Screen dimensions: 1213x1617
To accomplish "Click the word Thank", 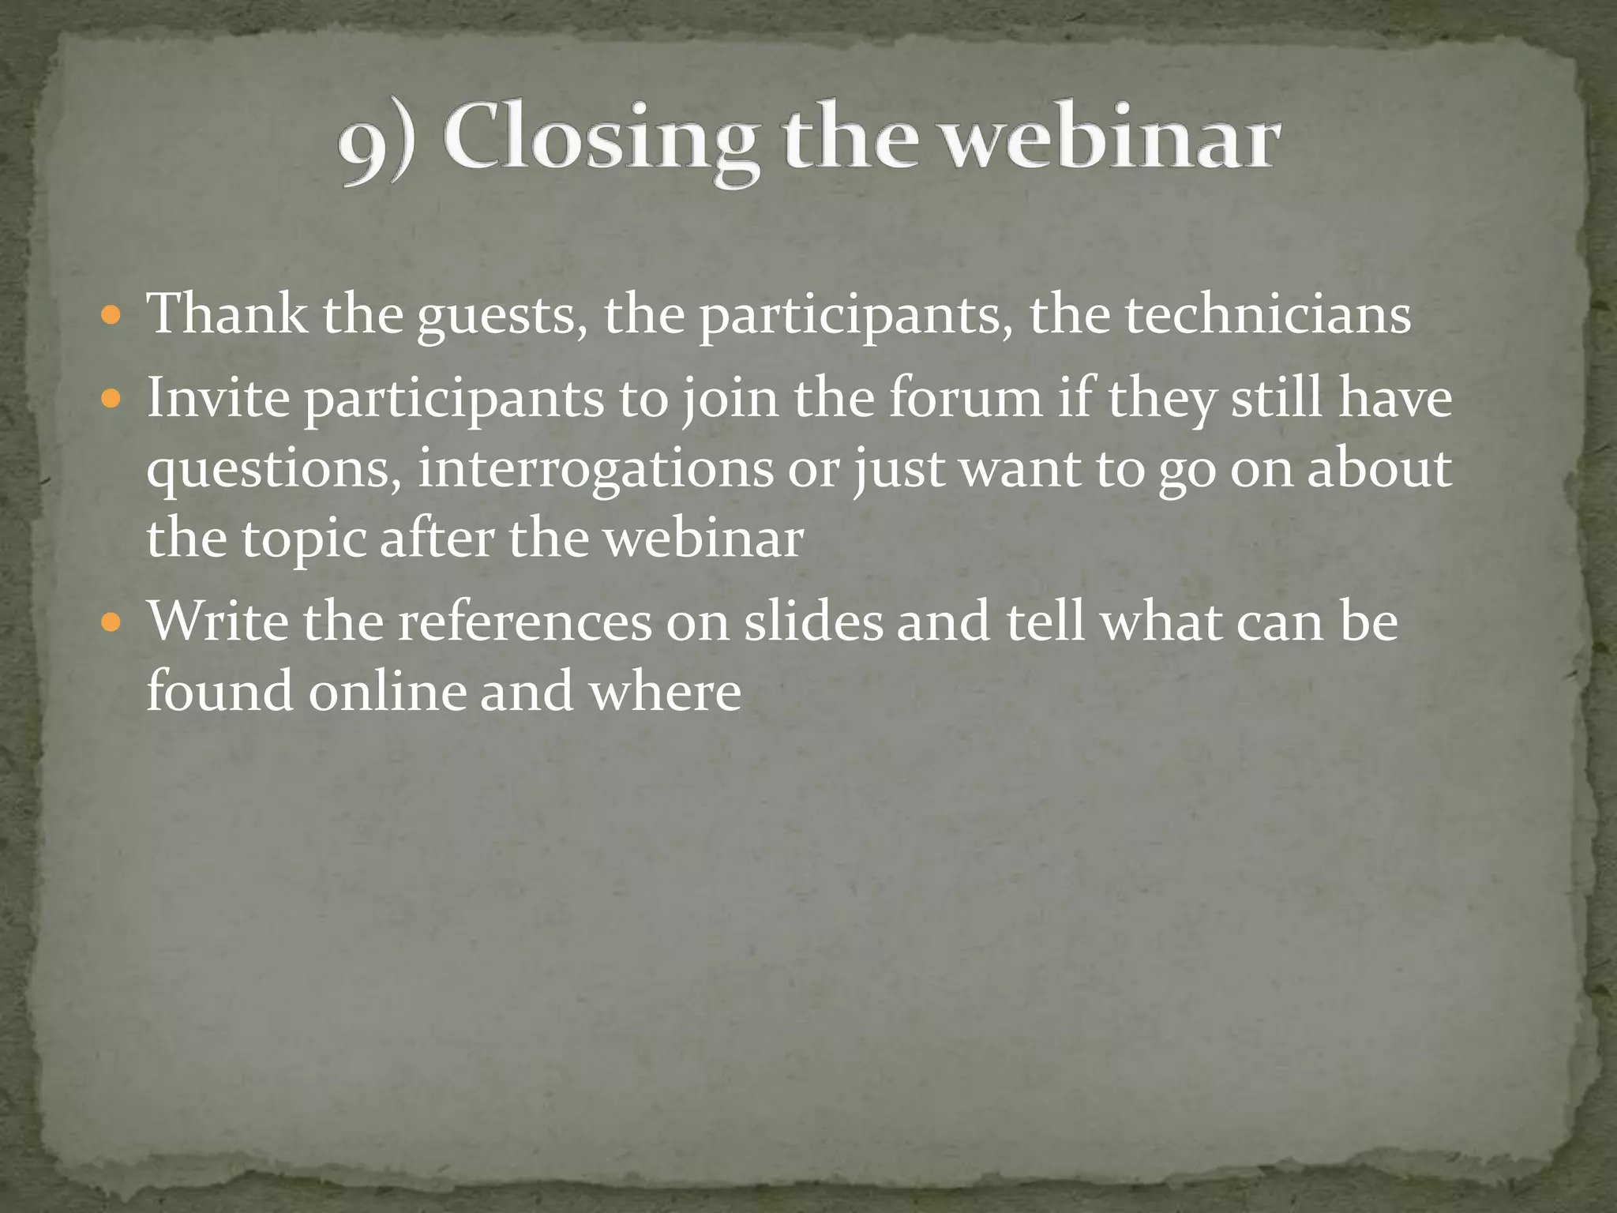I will click(x=228, y=314).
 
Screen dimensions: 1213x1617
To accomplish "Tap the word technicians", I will click(x=1267, y=314).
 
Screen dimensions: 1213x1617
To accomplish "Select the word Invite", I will click(x=219, y=398).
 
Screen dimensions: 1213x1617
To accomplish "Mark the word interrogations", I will click(x=595, y=470).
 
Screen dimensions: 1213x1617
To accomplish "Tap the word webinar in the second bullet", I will click(x=703, y=539).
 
